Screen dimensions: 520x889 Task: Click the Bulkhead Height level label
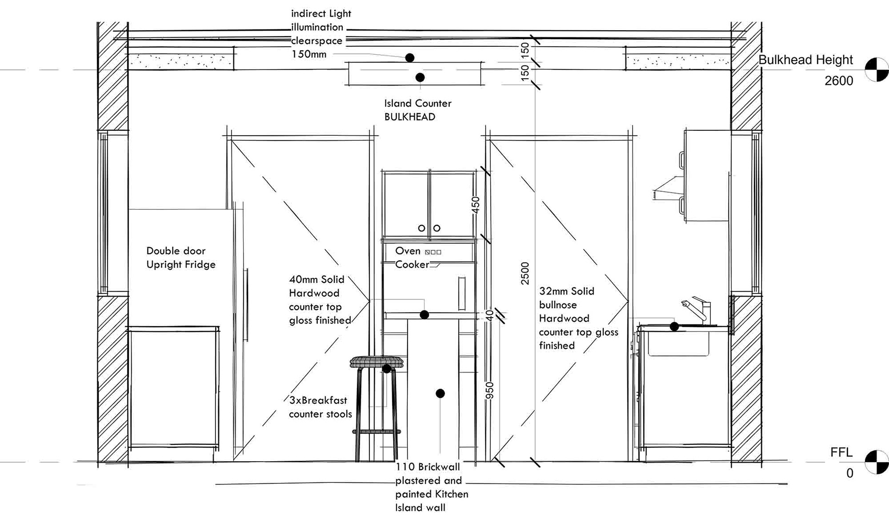(805, 60)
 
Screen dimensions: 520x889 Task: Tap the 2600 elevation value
(839, 81)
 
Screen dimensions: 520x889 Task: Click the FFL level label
(841, 452)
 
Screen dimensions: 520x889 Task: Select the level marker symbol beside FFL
(876, 462)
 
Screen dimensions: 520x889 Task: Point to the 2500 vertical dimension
(525, 273)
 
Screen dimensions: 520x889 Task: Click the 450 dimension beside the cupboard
(476, 205)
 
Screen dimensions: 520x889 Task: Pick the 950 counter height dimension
(490, 390)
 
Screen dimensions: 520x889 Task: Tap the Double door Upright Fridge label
(181, 258)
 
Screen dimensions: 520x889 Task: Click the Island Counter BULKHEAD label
(417, 110)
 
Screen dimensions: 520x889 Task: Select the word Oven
(407, 251)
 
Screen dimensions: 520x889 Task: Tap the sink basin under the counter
(678, 344)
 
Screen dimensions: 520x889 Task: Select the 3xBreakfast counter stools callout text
(320, 407)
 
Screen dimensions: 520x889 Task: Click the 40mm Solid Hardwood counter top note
(319, 299)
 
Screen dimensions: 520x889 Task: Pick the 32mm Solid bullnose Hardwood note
(578, 318)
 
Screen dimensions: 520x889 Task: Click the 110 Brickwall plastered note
(431, 487)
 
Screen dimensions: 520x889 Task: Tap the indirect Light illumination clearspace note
(320, 34)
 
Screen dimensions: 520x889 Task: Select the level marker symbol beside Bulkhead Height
(876, 70)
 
